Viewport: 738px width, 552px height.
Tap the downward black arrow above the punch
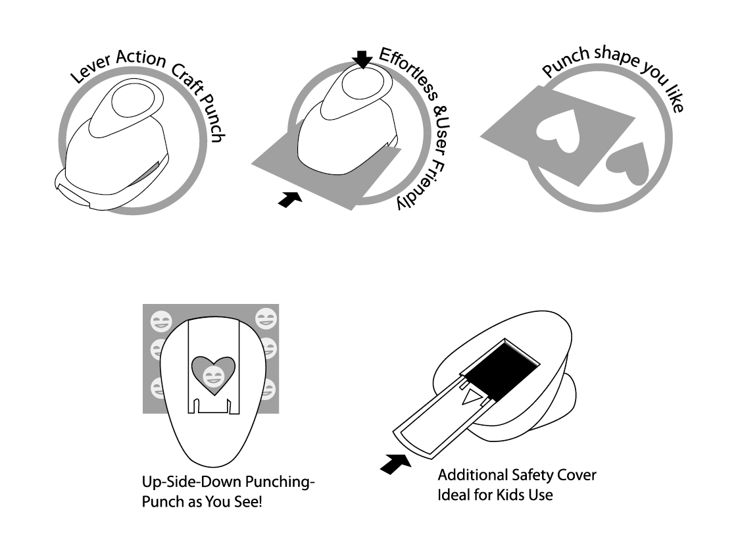tap(362, 59)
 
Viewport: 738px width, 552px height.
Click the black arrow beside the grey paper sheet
tap(290, 199)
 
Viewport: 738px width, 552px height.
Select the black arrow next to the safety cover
tap(395, 464)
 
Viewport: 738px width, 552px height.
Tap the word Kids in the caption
tap(511, 495)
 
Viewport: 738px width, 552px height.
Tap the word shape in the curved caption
tap(616, 56)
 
